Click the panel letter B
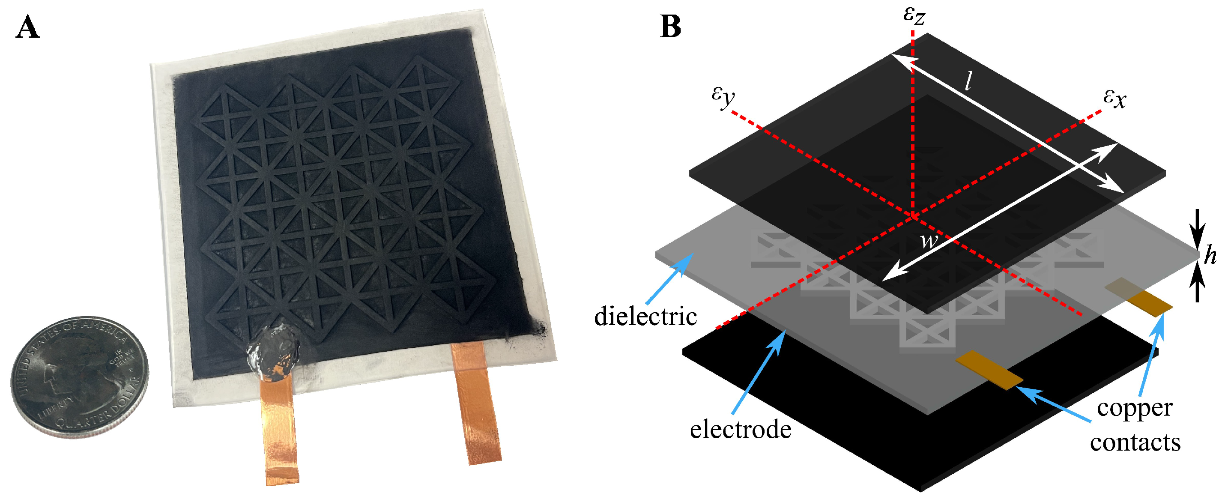pyautogui.click(x=670, y=27)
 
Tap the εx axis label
pyautogui.click(x=1114, y=98)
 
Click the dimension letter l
pyautogui.click(x=968, y=81)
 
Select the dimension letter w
pyautogui.click(x=929, y=240)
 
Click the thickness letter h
pyautogui.click(x=1210, y=256)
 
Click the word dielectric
pyautogui.click(x=645, y=317)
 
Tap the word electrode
pyautogui.click(x=740, y=430)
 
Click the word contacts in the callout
pyautogui.click(x=1135, y=442)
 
